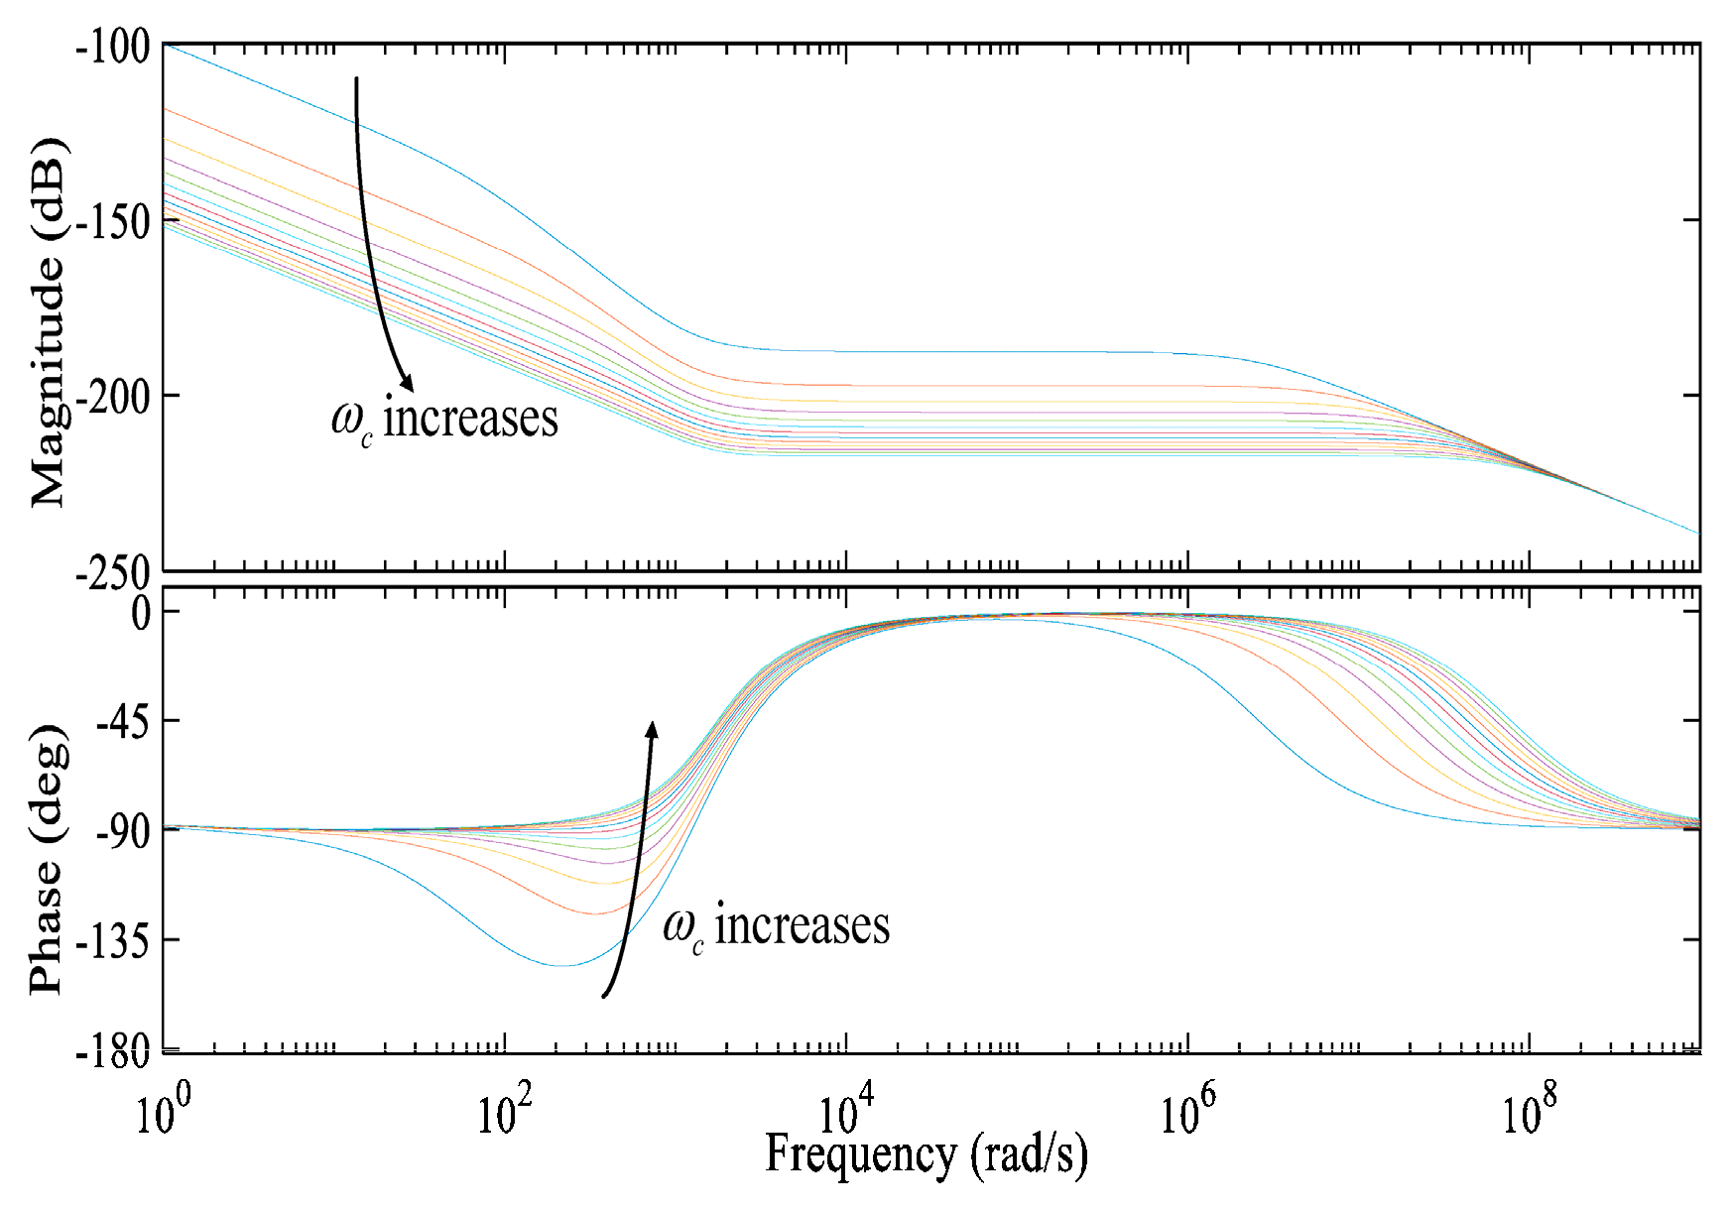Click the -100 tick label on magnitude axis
(x=112, y=47)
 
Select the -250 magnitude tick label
(x=112, y=573)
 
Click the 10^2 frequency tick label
(x=504, y=1111)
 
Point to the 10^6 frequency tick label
(x=1187, y=1111)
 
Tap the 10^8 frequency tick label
(x=1529, y=1111)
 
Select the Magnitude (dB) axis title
(x=48, y=322)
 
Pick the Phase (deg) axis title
(x=48, y=858)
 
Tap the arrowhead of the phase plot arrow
(x=652, y=730)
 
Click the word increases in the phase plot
(x=802, y=925)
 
